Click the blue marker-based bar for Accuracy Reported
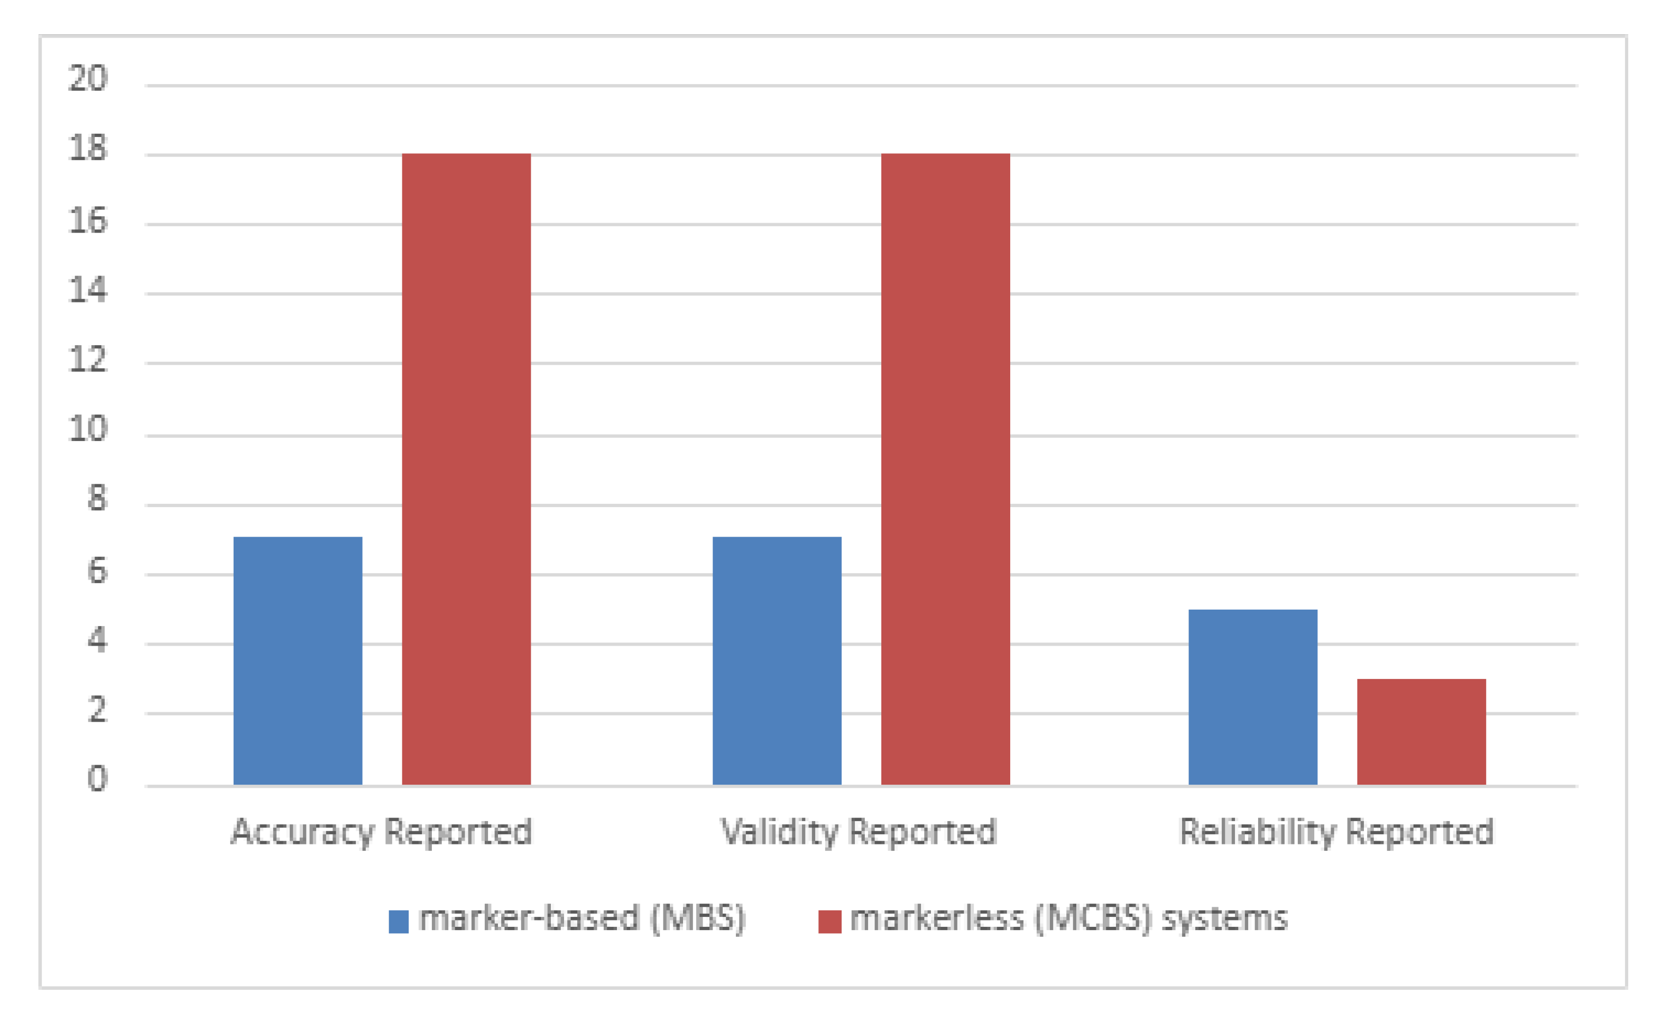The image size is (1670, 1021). click(298, 661)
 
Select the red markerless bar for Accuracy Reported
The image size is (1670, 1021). click(466, 469)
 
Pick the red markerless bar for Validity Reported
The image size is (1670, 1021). click(945, 469)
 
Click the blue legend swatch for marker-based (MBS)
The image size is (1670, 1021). click(399, 922)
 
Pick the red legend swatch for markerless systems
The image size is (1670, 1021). click(829, 922)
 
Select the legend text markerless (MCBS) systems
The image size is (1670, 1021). click(1069, 918)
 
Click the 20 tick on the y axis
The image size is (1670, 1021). click(88, 79)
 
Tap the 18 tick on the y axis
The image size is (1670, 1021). click(88, 149)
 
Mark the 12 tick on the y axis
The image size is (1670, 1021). click(88, 360)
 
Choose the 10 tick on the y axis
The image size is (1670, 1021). click(88, 429)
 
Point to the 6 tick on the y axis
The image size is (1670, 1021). click(97, 571)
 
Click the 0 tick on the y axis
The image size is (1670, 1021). click(97, 779)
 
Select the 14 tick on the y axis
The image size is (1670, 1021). click(88, 290)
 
